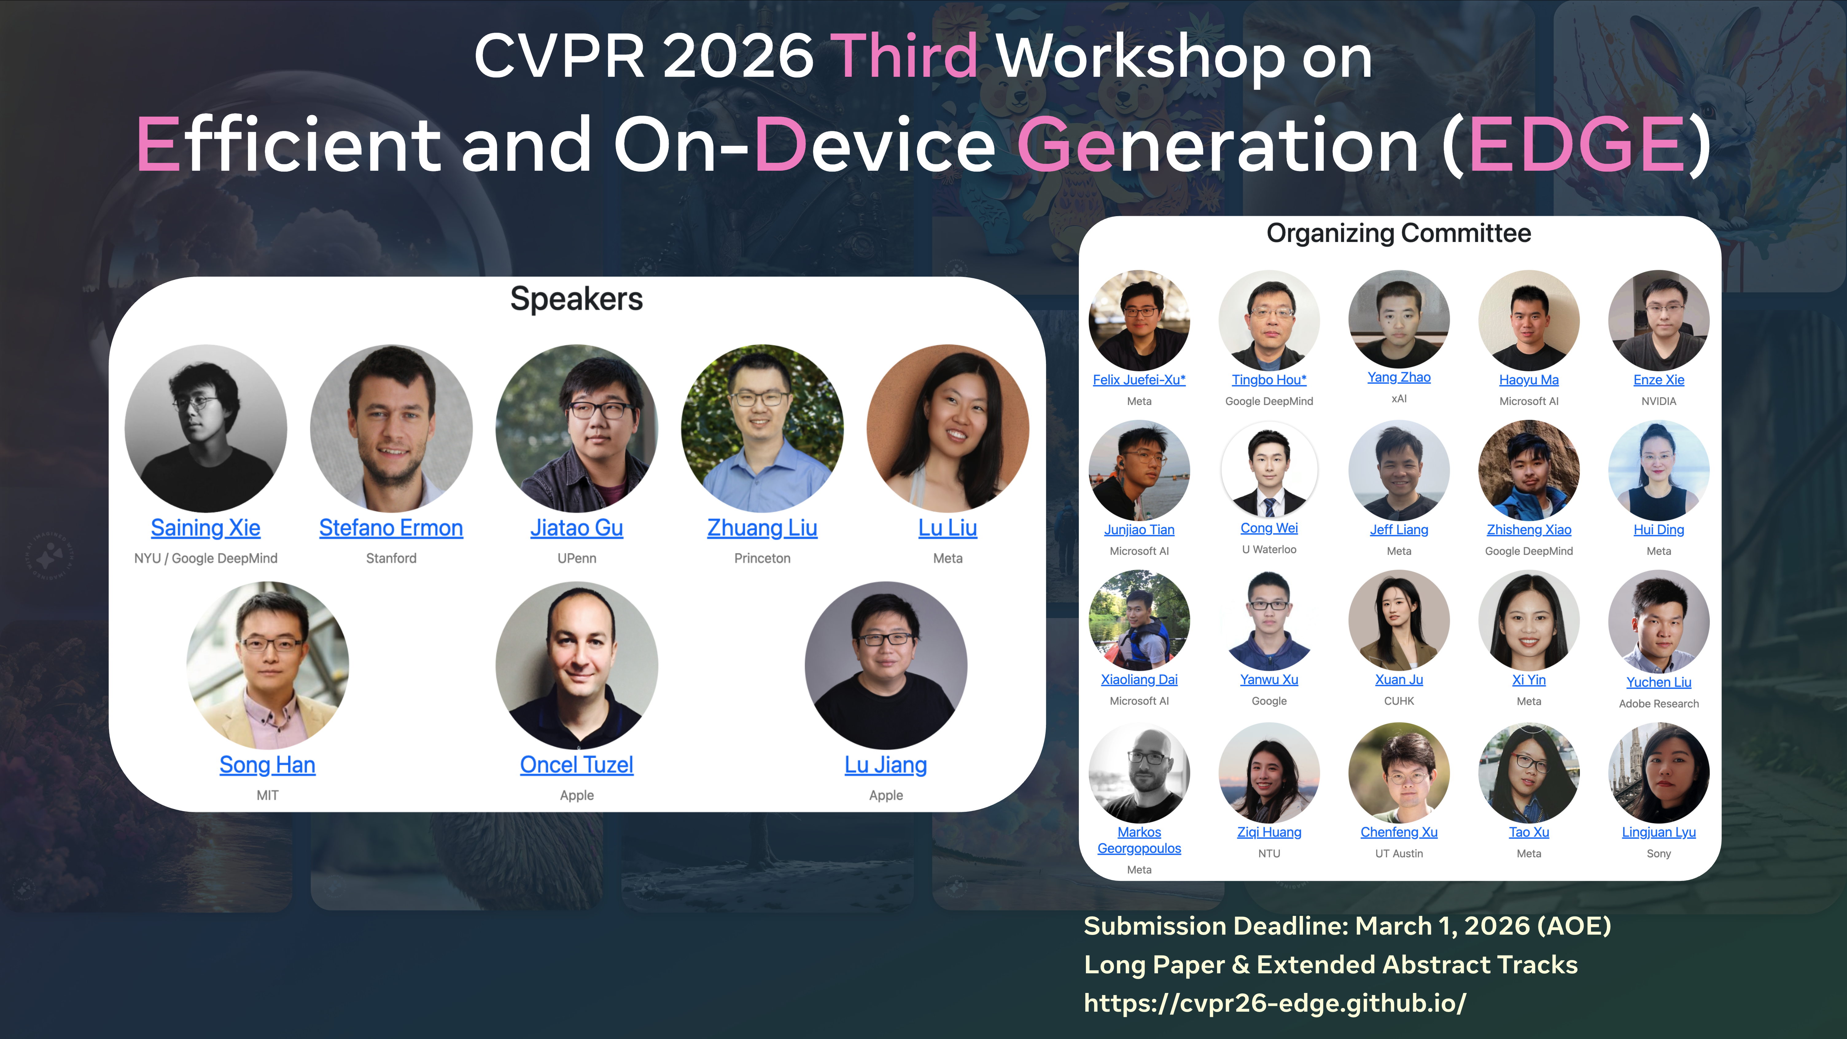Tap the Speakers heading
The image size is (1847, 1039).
(x=577, y=299)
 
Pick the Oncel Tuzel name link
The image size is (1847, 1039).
(x=577, y=765)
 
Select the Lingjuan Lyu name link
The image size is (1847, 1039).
(x=1658, y=832)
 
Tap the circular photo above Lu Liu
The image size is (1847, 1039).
(x=948, y=428)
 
